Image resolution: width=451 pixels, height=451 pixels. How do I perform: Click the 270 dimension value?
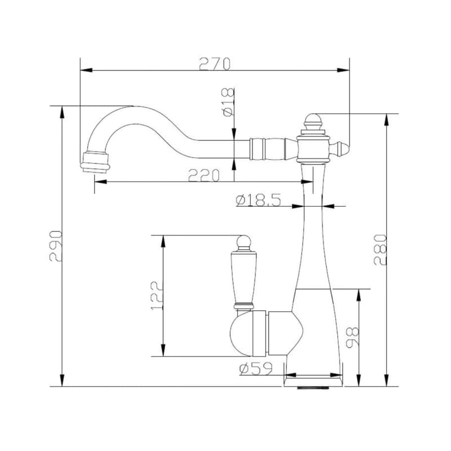215,64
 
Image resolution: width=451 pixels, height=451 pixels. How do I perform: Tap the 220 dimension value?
204,175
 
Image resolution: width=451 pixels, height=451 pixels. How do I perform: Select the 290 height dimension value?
55,246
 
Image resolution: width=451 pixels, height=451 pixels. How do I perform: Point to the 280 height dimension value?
380,250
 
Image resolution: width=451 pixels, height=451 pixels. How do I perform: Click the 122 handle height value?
157,295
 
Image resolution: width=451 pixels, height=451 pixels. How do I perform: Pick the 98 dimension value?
352,337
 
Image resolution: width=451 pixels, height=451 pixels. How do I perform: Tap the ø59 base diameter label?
256,369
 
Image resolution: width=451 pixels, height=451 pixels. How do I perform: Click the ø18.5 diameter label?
258,200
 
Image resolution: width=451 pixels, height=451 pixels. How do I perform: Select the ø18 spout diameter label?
228,102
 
